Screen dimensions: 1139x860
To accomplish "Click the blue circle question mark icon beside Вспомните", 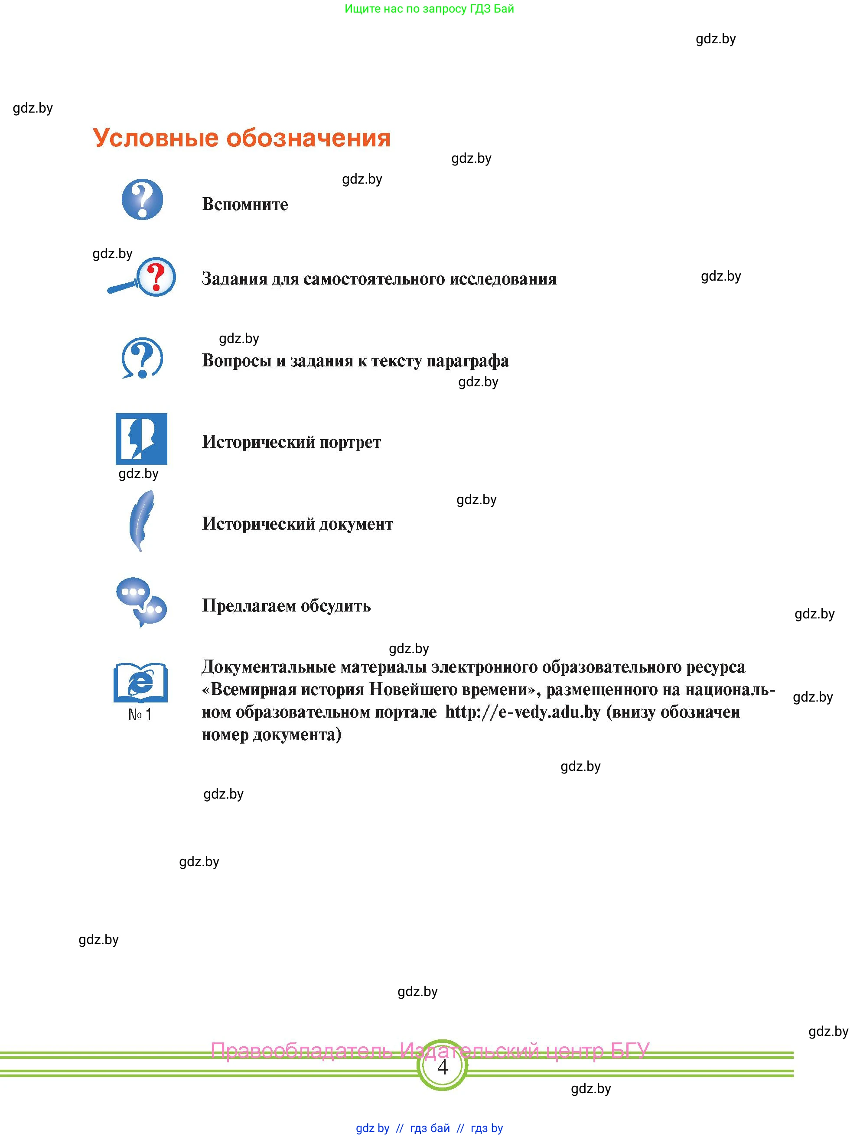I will (142, 199).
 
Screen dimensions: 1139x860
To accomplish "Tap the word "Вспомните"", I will (245, 204).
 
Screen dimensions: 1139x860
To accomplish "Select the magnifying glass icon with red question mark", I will (143, 278).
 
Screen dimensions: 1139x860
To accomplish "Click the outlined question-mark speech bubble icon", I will (142, 358).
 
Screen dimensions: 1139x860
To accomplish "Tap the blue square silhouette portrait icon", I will (141, 439).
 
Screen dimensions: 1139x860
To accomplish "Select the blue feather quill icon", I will (141, 520).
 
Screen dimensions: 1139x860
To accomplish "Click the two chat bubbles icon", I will (141, 602).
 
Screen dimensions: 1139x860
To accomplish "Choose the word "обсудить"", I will (336, 606).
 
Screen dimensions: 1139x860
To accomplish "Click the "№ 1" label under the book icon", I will (140, 715).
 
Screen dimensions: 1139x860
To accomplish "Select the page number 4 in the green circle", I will (442, 1068).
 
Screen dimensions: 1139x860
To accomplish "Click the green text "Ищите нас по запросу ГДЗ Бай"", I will (429, 9).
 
